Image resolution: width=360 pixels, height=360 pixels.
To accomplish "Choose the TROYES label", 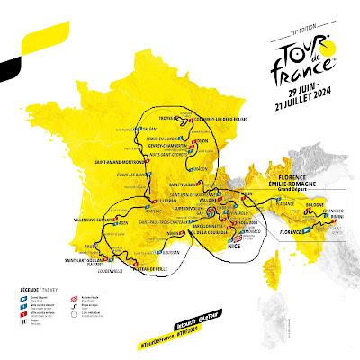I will (157, 118).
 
